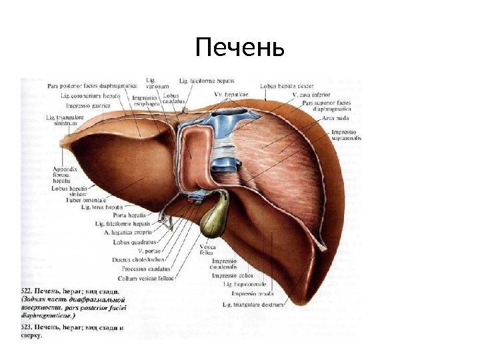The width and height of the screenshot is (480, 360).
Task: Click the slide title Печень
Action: (x=240, y=49)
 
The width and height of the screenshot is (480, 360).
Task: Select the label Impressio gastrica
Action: (x=88, y=105)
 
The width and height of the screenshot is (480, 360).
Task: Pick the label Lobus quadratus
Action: (x=135, y=242)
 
